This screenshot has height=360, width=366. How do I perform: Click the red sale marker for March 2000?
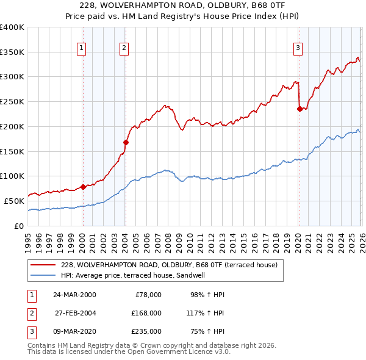pos(83,187)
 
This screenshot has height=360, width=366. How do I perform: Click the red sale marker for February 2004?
pos(125,143)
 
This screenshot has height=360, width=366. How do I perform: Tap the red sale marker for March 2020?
pos(300,109)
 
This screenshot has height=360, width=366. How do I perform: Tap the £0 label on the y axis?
pos(19,226)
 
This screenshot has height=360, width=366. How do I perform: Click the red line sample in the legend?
pos(43,265)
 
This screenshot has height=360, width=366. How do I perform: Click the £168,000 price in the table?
pos(146,313)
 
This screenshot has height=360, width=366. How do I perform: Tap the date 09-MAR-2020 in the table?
pos(74,331)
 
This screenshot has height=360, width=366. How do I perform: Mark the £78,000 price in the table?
pos(148,295)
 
